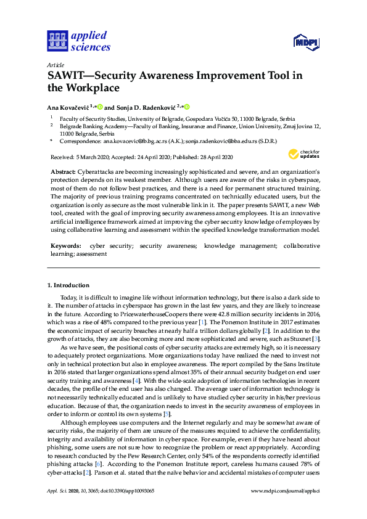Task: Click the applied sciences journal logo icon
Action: coord(56,41)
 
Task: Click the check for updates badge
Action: coord(303,154)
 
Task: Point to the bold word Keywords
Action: coord(65,245)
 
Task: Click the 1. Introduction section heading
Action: coord(68,285)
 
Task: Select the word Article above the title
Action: coord(55,64)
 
